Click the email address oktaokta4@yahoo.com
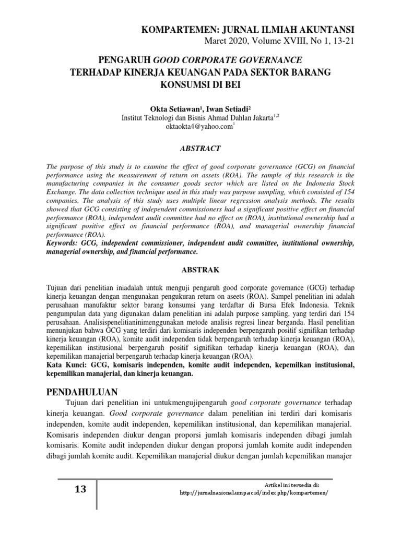[x=199, y=127]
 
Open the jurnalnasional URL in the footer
[x=255, y=493]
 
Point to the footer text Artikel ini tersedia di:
[x=289, y=484]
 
